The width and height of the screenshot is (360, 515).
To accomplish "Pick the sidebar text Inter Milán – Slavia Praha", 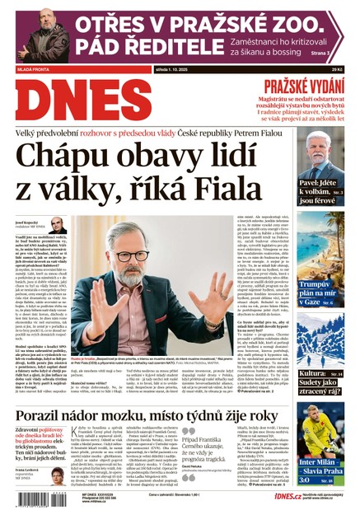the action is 321,467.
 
